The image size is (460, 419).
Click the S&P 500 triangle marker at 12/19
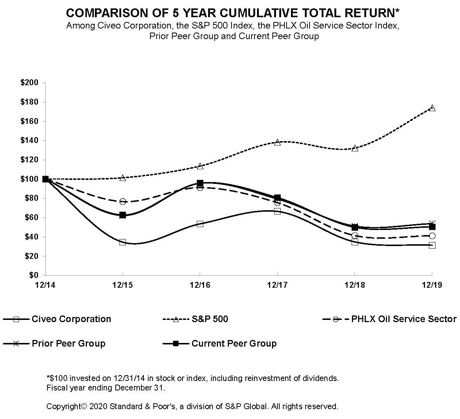tap(432, 108)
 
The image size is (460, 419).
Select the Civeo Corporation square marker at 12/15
tap(123, 242)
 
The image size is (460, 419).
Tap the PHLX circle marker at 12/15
tap(123, 201)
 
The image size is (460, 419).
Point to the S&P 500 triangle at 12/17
tap(277, 142)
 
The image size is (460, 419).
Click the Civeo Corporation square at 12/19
tap(432, 245)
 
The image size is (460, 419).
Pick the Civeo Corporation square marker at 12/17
tap(277, 211)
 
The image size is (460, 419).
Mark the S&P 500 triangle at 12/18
tap(355, 148)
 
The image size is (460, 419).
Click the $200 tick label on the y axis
tap(30, 83)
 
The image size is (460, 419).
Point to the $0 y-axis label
tap(34, 275)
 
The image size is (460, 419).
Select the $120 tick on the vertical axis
tap(30, 160)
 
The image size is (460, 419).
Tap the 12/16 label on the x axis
tap(200, 285)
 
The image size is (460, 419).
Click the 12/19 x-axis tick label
tap(432, 285)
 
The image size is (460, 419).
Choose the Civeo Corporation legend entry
tap(71, 319)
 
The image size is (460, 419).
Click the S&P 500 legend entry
tap(210, 319)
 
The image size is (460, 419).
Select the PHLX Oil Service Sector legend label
tap(403, 319)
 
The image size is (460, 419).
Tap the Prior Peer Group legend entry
tap(69, 344)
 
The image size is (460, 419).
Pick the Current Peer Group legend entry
tap(234, 344)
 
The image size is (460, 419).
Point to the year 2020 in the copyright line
tap(98, 406)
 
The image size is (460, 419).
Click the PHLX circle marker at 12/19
tap(432, 236)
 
